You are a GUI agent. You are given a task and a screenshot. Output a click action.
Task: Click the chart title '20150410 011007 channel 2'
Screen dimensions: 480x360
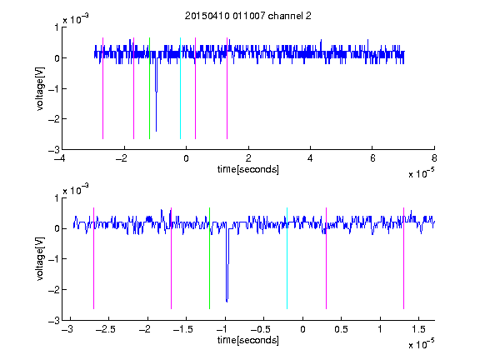tap(248, 16)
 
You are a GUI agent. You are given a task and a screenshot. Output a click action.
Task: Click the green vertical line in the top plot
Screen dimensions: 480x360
tap(149, 88)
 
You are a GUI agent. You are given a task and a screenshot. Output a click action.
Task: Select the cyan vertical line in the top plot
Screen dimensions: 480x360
tap(180, 88)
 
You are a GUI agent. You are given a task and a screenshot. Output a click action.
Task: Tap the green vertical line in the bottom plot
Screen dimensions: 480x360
tap(209, 258)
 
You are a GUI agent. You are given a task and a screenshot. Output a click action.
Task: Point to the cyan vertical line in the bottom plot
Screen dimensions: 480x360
tap(287, 258)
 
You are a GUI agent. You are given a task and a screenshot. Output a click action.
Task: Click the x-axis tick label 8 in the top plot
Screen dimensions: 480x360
tap(434, 158)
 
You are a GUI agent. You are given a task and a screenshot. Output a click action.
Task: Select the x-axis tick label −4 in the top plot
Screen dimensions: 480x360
tap(60, 158)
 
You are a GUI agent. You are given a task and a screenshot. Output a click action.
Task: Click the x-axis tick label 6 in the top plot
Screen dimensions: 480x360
tap(372, 158)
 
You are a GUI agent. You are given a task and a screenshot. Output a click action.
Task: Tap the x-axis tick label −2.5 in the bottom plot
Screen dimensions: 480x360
tap(106, 329)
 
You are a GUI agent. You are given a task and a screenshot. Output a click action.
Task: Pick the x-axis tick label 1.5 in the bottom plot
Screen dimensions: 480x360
tap(418, 329)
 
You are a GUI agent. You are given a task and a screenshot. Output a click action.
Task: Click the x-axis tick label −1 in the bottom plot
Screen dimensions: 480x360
tap(222, 329)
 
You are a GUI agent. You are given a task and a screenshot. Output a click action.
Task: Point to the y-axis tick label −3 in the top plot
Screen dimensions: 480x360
tap(53, 150)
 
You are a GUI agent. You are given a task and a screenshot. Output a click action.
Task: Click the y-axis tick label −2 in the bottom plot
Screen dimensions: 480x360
tap(53, 290)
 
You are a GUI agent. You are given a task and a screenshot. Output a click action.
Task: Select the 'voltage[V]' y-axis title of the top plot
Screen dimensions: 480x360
tap(40, 89)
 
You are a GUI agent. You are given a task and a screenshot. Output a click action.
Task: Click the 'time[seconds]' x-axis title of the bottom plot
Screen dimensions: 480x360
tap(248, 340)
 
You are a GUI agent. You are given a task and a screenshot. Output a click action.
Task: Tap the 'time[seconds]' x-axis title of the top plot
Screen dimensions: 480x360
tap(248, 169)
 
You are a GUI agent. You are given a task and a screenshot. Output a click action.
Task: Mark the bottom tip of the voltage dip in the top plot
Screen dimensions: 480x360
tap(156, 132)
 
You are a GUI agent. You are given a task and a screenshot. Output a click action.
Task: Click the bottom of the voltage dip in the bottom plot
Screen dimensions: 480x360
tap(227, 302)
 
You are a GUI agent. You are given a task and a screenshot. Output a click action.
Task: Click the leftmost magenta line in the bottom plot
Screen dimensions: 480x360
tap(93, 258)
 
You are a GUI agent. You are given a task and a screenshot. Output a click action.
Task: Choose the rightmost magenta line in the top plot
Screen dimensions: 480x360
tap(227, 88)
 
